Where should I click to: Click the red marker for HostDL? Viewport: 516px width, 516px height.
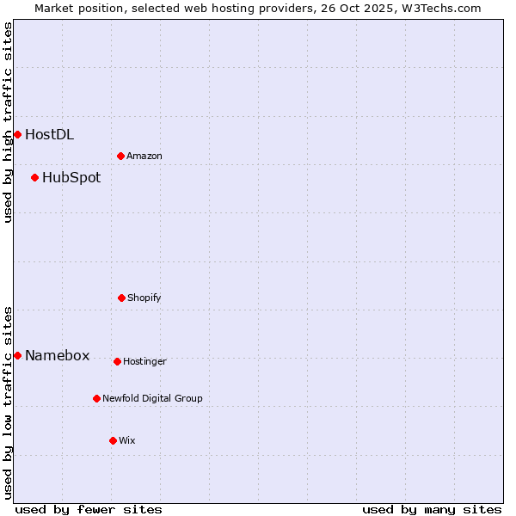(x=17, y=134)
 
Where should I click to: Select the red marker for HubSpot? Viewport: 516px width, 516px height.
(x=34, y=177)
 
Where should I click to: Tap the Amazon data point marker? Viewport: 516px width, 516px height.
(x=120, y=156)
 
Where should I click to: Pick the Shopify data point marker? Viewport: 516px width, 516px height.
(x=121, y=298)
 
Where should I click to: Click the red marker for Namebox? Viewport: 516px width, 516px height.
(x=17, y=355)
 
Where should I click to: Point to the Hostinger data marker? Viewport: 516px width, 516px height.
(x=117, y=361)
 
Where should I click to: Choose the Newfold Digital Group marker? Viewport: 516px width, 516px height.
(x=96, y=398)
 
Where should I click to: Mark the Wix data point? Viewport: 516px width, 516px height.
(x=113, y=440)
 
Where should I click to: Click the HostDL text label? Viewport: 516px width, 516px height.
(x=49, y=134)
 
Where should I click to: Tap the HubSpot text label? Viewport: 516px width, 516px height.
(x=71, y=178)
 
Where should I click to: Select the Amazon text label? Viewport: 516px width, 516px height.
(x=144, y=156)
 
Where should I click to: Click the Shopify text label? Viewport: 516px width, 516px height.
(x=144, y=298)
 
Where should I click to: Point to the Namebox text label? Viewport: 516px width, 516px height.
(x=57, y=356)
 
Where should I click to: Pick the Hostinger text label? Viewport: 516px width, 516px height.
(x=144, y=361)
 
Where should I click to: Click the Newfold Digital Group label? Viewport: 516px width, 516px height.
(x=152, y=398)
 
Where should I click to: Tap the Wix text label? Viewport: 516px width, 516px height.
(x=127, y=440)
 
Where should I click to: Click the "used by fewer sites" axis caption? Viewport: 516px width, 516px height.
(x=89, y=509)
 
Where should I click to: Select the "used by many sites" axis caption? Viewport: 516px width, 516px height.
(x=432, y=509)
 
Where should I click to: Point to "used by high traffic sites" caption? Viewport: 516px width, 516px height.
(x=8, y=122)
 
